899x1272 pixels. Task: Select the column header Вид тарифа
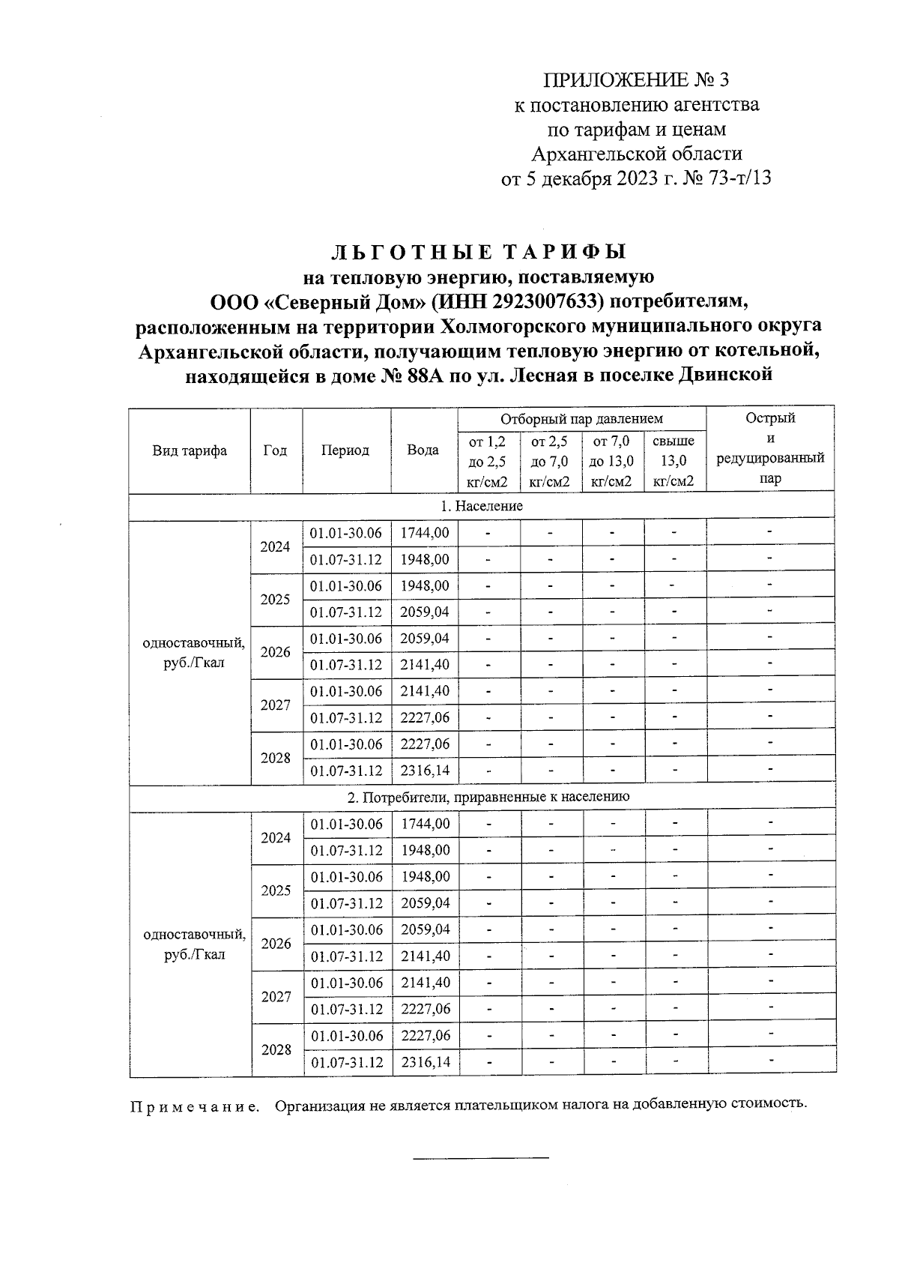[190, 450]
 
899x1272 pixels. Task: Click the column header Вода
[423, 450]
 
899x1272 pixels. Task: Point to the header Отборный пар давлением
[581, 419]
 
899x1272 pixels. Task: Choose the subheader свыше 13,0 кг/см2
[674, 461]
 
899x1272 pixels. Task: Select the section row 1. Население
[481, 506]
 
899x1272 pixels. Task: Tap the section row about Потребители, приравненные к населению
[481, 797]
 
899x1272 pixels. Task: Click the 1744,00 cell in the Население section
[425, 533]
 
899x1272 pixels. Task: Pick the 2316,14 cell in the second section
[426, 1062]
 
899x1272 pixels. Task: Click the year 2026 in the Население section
[275, 652]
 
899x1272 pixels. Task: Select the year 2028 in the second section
[276, 1049]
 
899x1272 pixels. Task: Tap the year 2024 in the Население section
[275, 546]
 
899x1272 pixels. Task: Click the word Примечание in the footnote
[194, 1106]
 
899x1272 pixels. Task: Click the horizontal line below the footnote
[481, 1158]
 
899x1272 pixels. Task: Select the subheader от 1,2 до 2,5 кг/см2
[487, 461]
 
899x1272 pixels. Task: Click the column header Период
[345, 450]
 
